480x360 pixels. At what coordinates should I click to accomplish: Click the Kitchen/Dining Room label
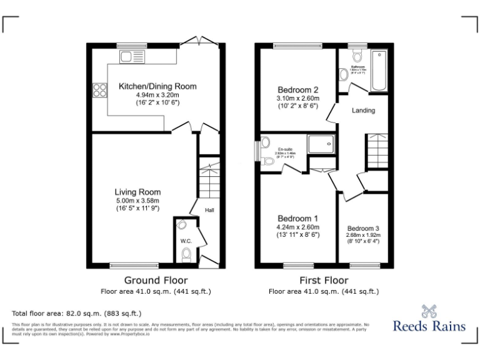(157, 86)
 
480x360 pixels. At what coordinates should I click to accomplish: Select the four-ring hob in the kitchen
(99, 90)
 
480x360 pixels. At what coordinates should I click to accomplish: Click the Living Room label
(137, 192)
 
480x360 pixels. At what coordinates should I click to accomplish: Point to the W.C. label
(186, 240)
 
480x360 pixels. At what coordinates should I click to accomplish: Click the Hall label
(209, 210)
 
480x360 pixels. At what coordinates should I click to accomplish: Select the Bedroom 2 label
(298, 89)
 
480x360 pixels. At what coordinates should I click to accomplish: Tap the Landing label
(364, 111)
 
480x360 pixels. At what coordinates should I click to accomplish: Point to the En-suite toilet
(268, 161)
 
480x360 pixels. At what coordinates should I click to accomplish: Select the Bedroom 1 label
(298, 219)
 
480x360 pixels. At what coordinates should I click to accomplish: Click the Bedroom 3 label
(363, 228)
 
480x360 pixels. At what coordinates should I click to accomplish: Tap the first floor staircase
(377, 151)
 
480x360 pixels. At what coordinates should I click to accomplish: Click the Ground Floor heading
(156, 280)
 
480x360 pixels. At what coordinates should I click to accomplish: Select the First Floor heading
(323, 280)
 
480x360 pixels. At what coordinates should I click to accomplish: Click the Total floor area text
(77, 312)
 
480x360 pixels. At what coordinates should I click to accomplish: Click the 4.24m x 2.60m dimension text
(298, 227)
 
